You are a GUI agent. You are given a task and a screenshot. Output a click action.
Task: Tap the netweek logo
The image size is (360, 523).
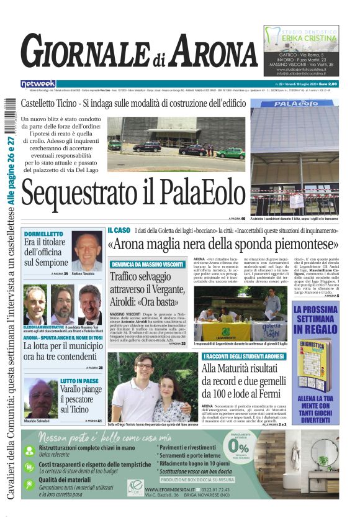pyautogui.click(x=38, y=83)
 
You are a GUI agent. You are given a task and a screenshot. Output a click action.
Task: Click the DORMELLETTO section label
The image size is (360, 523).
pyautogui.click(x=43, y=234)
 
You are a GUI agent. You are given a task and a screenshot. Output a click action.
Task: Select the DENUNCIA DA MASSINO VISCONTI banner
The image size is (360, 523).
pyautogui.click(x=147, y=264)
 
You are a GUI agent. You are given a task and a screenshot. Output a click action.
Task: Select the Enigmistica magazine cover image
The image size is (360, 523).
pyautogui.click(x=315, y=365)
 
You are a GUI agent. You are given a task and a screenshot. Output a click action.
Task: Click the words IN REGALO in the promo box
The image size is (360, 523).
pyautogui.click(x=316, y=329)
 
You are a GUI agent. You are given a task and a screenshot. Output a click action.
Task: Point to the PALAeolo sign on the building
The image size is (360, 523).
pyautogui.click(x=295, y=103)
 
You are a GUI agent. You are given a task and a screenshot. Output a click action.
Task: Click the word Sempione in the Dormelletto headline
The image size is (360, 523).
pyautogui.click(x=46, y=263)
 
